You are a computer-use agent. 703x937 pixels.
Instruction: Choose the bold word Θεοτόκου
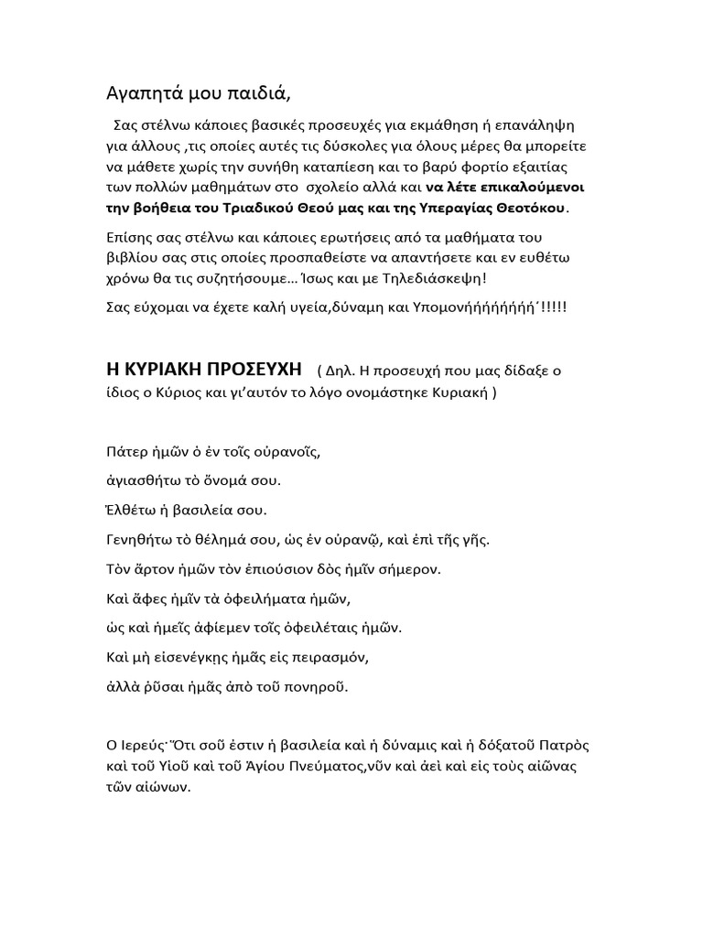(529, 208)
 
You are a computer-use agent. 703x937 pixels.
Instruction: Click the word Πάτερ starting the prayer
(124, 452)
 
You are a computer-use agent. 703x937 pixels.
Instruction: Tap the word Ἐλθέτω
(129, 510)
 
